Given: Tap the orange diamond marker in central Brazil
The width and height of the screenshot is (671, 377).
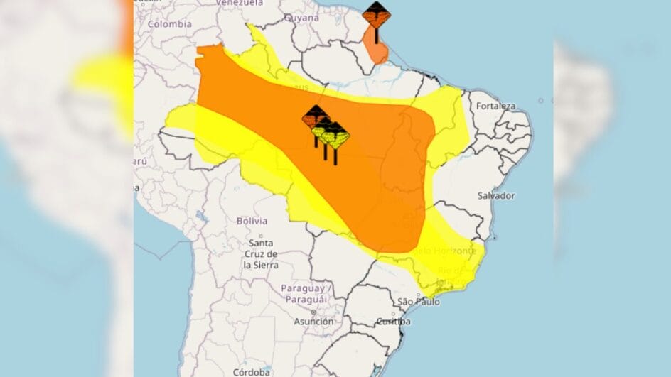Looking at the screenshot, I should (x=315, y=116).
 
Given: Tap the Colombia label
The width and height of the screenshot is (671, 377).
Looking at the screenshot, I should (x=170, y=23).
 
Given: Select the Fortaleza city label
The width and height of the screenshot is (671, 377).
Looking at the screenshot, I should (x=496, y=106).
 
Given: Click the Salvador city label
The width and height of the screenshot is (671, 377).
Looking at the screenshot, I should (x=495, y=195).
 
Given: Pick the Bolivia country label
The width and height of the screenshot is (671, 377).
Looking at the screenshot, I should (x=252, y=221).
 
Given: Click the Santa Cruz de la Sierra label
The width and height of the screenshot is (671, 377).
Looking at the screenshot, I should (x=260, y=254).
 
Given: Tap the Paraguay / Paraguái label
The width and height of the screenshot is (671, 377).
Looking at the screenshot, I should (x=304, y=294).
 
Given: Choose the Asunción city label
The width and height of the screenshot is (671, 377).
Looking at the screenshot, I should (x=313, y=322).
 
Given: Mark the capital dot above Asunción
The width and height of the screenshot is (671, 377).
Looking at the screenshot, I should (x=313, y=312).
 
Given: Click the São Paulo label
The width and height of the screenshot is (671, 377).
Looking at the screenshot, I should (x=418, y=302).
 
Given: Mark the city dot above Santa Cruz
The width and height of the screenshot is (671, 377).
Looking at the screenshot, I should (x=261, y=236).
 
